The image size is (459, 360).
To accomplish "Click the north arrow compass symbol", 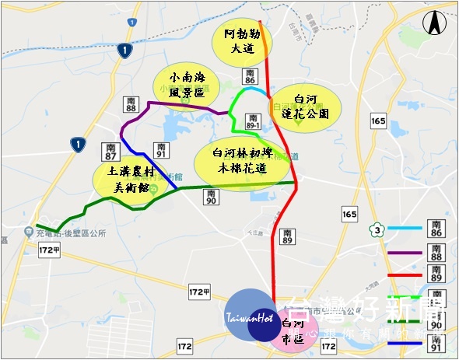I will [432, 23].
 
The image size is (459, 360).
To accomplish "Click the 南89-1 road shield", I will [253, 120].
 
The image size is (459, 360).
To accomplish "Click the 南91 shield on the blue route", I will [162, 149].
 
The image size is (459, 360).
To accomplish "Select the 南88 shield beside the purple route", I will [131, 104].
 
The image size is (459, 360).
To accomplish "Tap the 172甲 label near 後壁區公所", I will [48, 250].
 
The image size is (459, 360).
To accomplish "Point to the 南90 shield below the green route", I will [210, 197].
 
